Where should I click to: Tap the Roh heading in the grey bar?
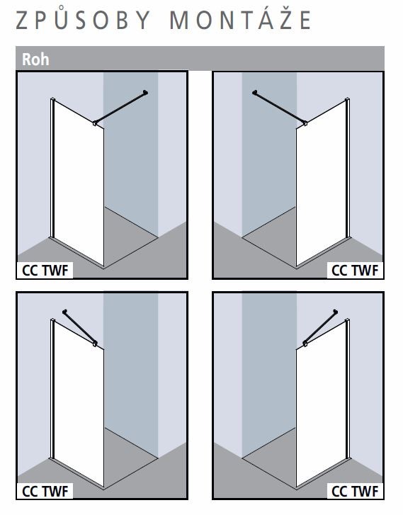pyautogui.click(x=35, y=60)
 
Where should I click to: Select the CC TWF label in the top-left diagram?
pyautogui.click(x=45, y=271)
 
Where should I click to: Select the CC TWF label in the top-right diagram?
pyautogui.click(x=355, y=271)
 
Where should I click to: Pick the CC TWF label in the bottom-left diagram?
pyautogui.click(x=45, y=492)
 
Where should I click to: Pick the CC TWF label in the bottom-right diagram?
pyautogui.click(x=355, y=492)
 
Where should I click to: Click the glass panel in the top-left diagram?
pyautogui.click(x=79, y=184)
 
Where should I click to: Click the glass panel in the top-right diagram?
pyautogui.click(x=322, y=184)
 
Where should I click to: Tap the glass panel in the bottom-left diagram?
pyautogui.click(x=79, y=404)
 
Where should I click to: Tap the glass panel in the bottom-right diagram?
pyautogui.click(x=322, y=404)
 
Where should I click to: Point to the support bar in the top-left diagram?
pyautogui.click(x=120, y=108)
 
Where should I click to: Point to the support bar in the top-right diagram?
pyautogui.click(x=280, y=108)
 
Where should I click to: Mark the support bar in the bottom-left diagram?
pyautogui.click(x=80, y=327)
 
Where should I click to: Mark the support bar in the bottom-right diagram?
pyautogui.click(x=320, y=327)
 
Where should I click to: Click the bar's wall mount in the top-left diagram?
pyautogui.click(x=145, y=92)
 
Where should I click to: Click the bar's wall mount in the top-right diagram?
pyautogui.click(x=255, y=92)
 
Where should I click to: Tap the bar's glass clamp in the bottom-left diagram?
pyautogui.click(x=95, y=344)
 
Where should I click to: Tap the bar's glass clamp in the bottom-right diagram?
pyautogui.click(x=305, y=344)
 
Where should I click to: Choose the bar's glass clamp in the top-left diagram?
pyautogui.click(x=95, y=123)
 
